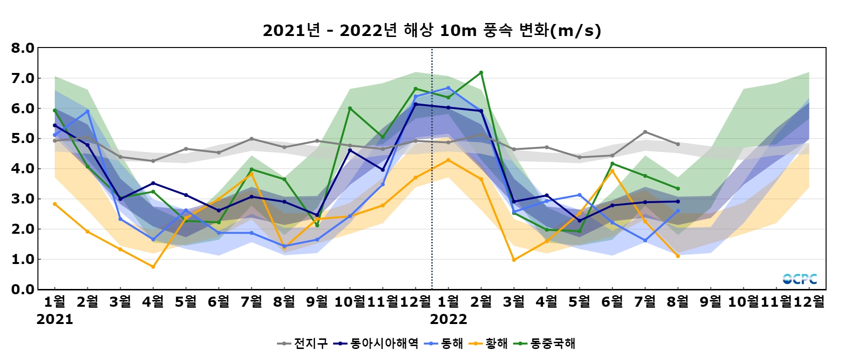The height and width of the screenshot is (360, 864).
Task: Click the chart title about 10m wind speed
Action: coord(432,31)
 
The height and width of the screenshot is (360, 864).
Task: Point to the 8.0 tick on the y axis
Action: coord(23,48)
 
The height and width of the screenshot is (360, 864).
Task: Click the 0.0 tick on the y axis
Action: coord(23,289)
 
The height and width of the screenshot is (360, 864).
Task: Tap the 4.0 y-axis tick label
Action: coord(23,169)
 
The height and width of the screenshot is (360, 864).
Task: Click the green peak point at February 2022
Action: coord(481,72)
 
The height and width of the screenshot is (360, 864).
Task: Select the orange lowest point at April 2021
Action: coord(153,267)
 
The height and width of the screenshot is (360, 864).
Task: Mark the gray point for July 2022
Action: coord(645,132)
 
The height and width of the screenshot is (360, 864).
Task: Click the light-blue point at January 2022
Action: coord(448,88)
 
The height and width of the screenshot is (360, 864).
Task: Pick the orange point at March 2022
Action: coord(514,260)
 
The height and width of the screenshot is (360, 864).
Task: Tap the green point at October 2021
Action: coord(350,108)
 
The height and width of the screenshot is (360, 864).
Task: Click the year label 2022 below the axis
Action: coord(448,320)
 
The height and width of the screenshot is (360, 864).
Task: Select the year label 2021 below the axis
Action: coord(55,320)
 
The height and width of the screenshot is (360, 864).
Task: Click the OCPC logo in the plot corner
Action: coord(800,279)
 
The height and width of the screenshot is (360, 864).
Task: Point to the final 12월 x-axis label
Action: coord(809,302)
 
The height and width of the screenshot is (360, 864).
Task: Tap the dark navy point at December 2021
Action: coord(416,104)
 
